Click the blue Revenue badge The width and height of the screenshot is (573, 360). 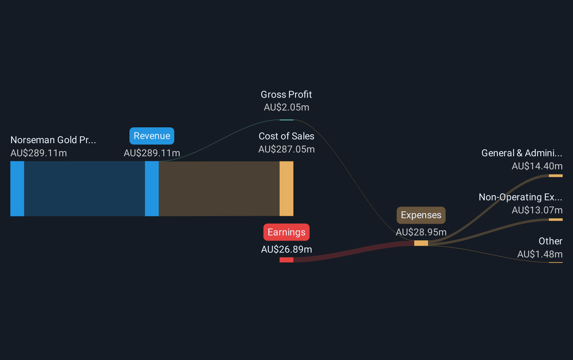click(x=152, y=136)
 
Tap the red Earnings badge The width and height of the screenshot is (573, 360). click(x=286, y=232)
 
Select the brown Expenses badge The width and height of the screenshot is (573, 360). click(x=421, y=215)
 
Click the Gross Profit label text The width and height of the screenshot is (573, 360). click(x=286, y=95)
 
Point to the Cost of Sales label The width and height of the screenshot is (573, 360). click(x=286, y=136)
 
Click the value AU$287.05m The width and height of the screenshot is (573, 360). click(x=286, y=149)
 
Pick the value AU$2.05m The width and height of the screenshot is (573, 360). click(x=286, y=107)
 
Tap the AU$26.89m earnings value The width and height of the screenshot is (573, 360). click(x=286, y=249)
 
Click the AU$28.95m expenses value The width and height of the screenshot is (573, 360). click(x=421, y=232)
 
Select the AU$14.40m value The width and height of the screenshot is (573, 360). click(x=537, y=166)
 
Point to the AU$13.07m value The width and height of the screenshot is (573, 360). click(x=537, y=210)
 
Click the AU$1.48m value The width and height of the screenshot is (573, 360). click(x=540, y=254)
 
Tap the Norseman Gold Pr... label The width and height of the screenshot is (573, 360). click(x=53, y=140)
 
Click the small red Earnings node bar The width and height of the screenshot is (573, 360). click(x=286, y=260)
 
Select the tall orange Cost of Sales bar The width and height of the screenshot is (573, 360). click(x=286, y=189)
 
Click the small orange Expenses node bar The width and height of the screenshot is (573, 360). click(x=421, y=243)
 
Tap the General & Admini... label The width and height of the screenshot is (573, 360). click(x=522, y=153)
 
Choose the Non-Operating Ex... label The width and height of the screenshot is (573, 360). click(x=521, y=197)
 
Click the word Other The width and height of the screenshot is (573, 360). click(x=551, y=241)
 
